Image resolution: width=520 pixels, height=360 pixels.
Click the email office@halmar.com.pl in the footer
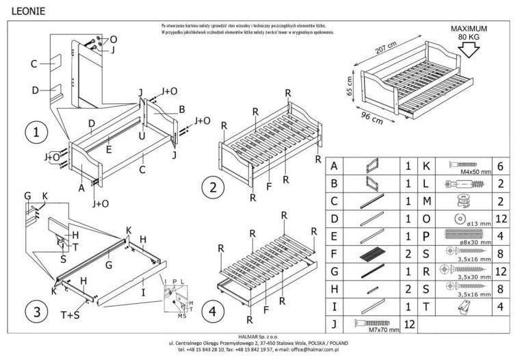coord(311,348)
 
